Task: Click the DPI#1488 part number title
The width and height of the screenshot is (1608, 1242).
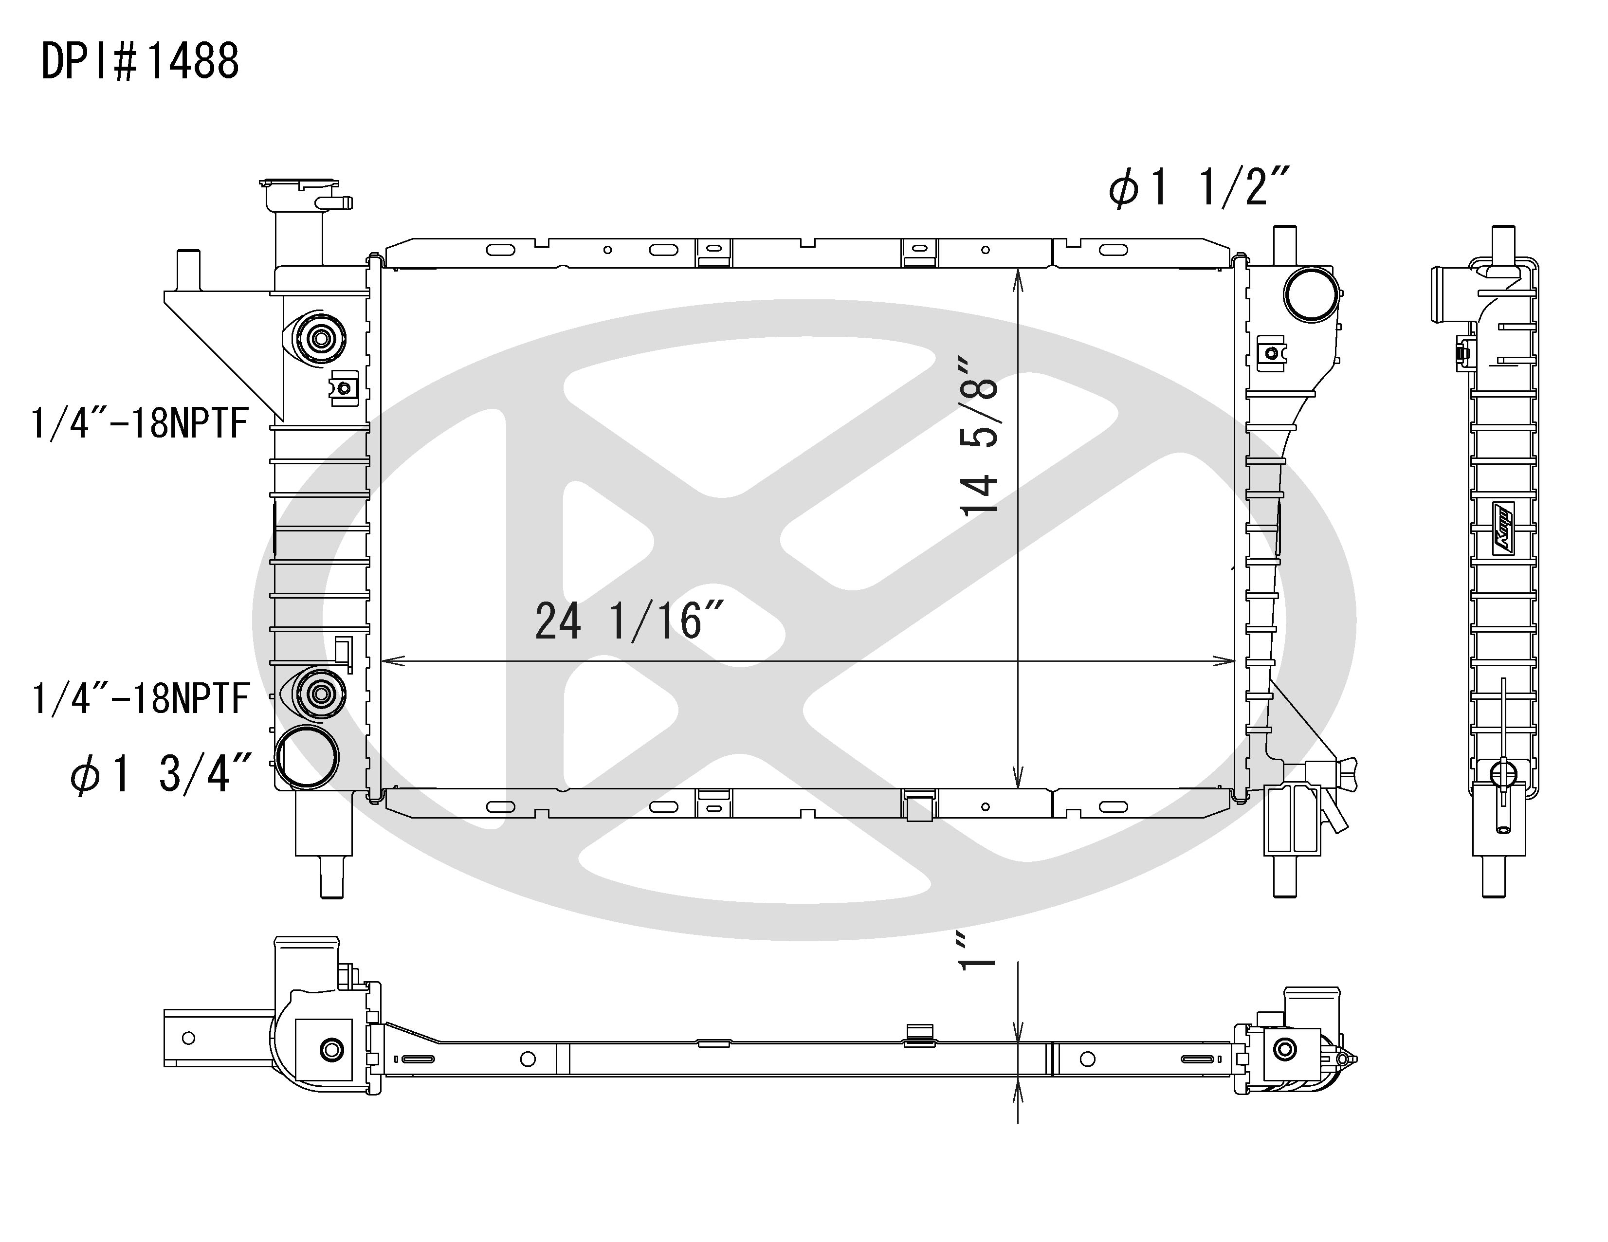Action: click(x=140, y=61)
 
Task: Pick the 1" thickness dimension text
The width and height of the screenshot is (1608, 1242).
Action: click(x=978, y=950)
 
